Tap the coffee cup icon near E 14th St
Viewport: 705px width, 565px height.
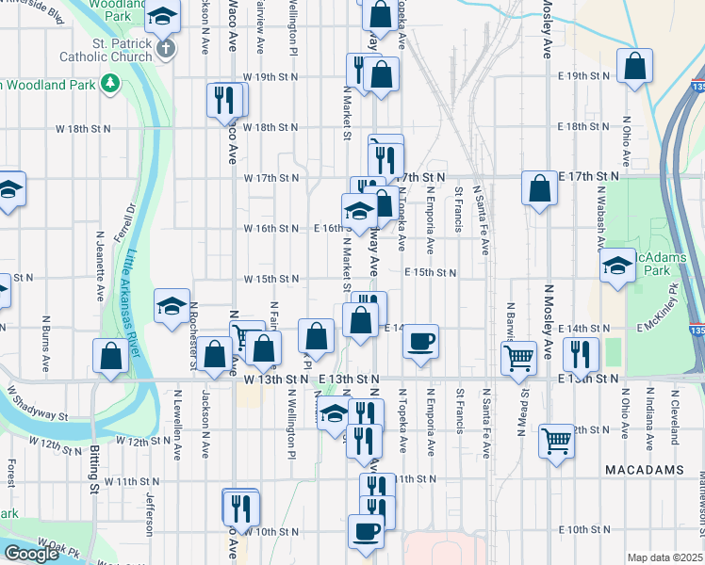(x=421, y=340)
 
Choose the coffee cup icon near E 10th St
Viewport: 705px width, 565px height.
(x=366, y=530)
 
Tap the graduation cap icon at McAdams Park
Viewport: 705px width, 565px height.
(x=617, y=265)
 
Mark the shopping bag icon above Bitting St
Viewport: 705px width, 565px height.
(x=110, y=356)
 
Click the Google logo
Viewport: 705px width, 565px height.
(x=31, y=554)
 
